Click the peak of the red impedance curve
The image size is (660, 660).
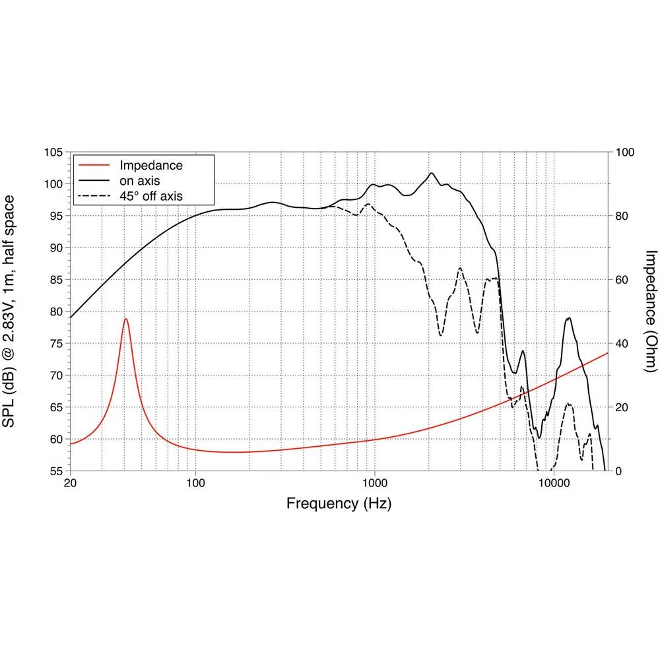125,319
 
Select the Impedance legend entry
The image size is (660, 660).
150,165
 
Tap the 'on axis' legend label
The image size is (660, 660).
139,180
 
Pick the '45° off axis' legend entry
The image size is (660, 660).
151,195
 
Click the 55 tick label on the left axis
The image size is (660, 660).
55,471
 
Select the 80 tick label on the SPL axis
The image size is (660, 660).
55,312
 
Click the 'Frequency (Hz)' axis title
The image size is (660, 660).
339,504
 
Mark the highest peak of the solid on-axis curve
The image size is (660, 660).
432,174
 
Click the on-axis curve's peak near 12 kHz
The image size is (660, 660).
568,318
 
